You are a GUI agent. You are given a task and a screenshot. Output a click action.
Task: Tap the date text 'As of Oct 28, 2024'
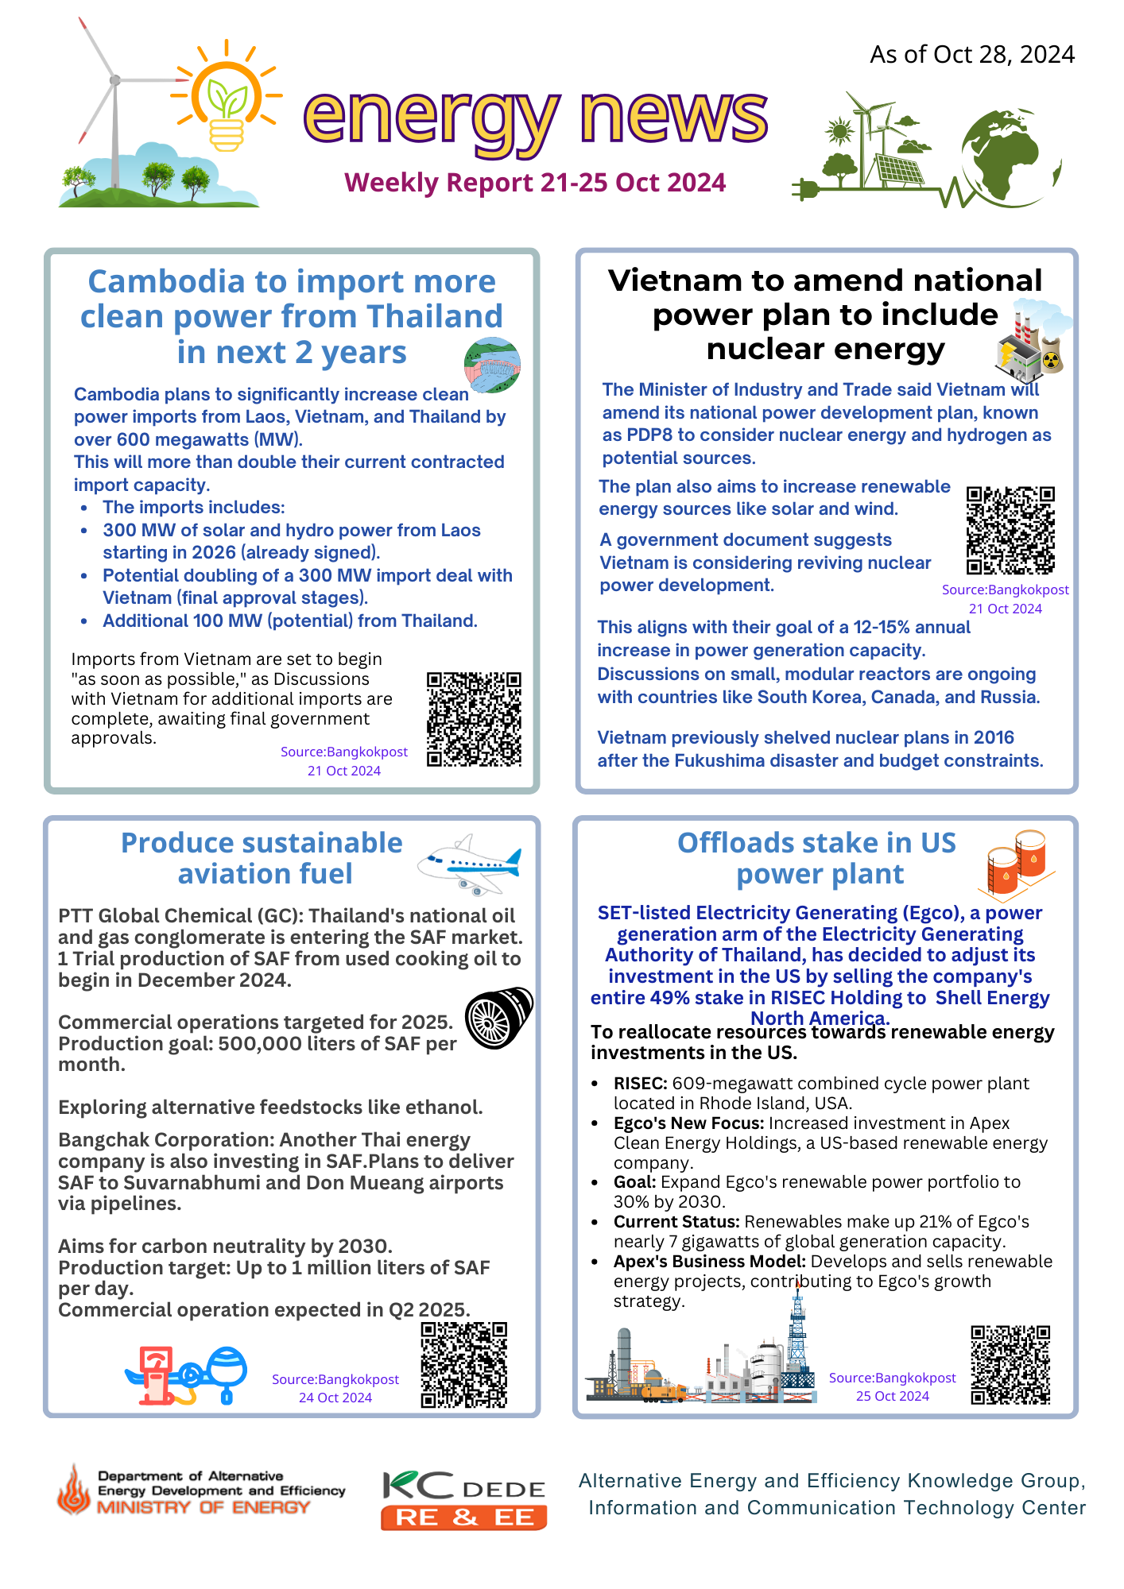[971, 54]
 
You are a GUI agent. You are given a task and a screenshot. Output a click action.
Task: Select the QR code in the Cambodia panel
[474, 719]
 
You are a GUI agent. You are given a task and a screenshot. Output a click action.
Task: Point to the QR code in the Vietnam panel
[1010, 530]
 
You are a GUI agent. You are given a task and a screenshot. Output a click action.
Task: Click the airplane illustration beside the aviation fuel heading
[470, 864]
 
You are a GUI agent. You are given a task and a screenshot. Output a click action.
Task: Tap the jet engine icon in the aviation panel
[498, 1018]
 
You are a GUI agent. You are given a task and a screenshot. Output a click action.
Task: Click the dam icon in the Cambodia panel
[492, 365]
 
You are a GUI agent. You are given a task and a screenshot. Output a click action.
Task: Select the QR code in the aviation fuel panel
[464, 1365]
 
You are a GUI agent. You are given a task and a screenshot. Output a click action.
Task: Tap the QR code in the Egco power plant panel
[1010, 1364]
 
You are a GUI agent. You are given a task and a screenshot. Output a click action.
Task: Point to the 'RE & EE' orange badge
[464, 1517]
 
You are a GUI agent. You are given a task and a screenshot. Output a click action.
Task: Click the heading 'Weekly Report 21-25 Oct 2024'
[535, 183]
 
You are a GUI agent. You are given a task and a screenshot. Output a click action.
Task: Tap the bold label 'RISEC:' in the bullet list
[640, 1084]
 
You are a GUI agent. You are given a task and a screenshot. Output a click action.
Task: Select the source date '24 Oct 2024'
[335, 1398]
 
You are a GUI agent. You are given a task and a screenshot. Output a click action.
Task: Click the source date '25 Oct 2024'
[892, 1396]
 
